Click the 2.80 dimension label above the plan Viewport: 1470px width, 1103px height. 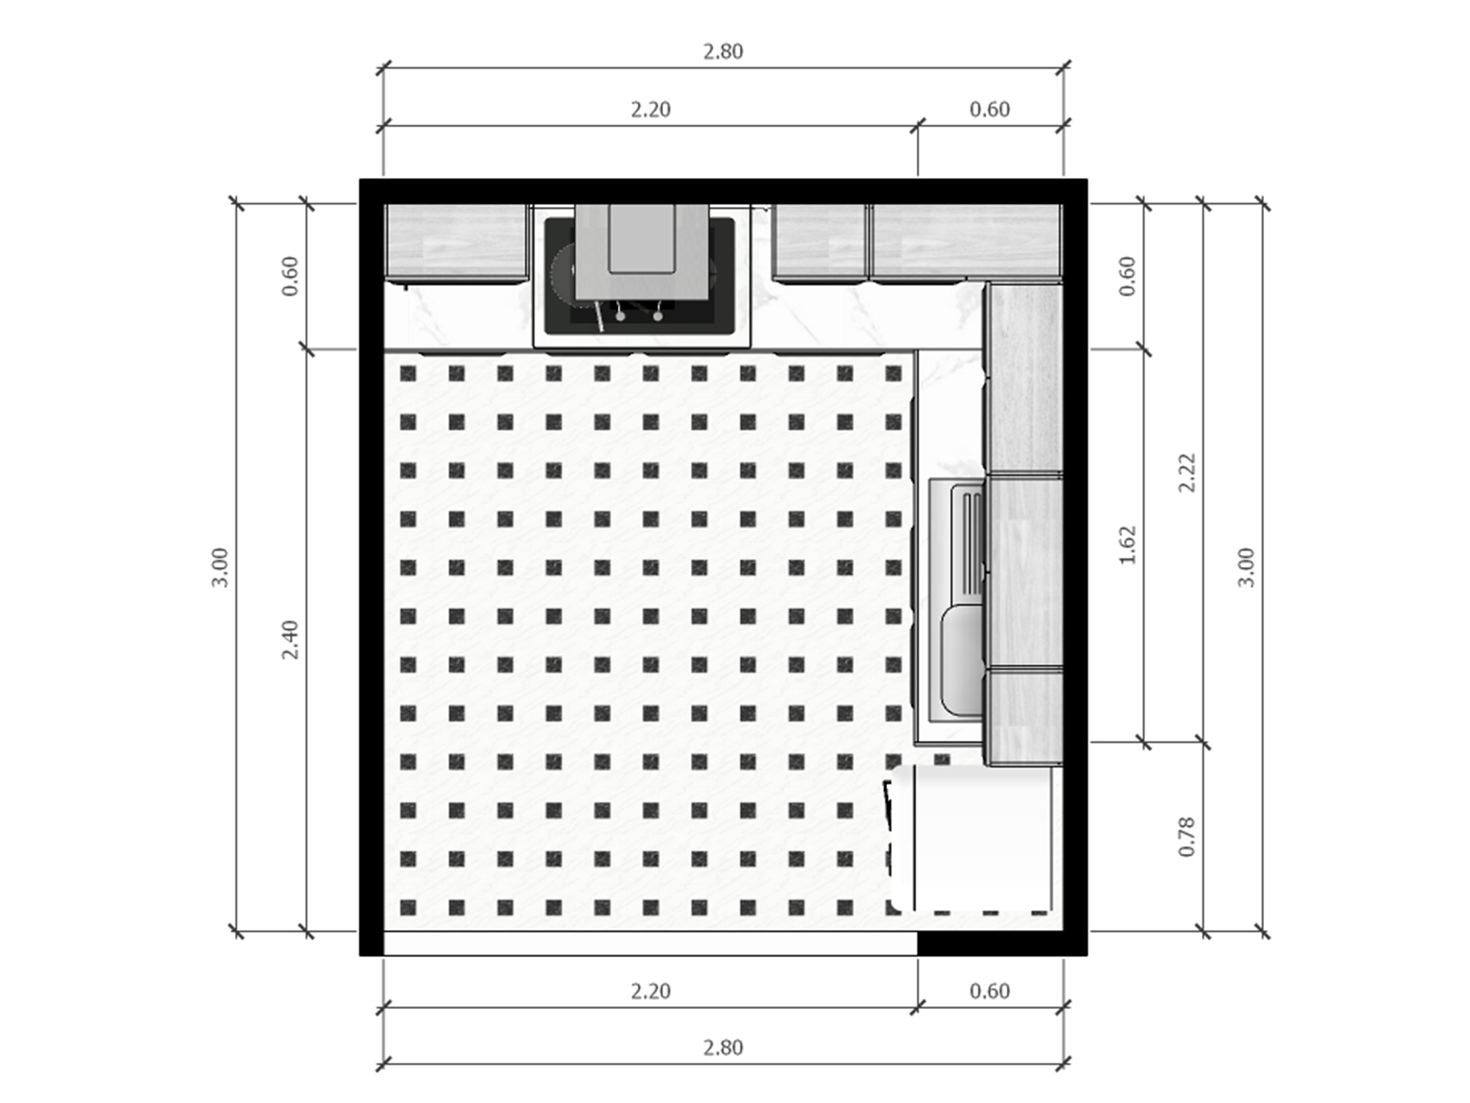pos(723,52)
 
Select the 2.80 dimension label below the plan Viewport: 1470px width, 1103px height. pos(723,1048)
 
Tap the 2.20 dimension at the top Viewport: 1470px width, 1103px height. pos(650,110)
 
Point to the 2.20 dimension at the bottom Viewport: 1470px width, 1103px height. pos(650,992)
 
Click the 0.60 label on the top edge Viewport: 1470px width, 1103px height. pos(990,110)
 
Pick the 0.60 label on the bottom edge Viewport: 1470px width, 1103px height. pos(990,992)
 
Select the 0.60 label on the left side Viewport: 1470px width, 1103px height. pos(290,276)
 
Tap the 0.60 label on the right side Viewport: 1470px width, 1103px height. pos(1128,276)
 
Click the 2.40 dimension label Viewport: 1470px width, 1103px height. pos(290,640)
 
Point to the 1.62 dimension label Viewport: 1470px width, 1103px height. pos(1128,546)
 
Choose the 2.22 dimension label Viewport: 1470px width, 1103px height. pos(1187,473)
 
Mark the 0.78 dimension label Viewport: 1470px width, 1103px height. pos(1187,837)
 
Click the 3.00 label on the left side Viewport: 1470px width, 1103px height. pos(220,567)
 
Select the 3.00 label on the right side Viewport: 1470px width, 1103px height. pos(1247,567)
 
